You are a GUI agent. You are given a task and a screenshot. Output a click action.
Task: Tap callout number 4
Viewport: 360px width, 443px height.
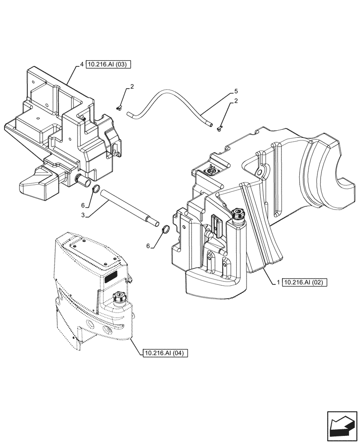(82, 65)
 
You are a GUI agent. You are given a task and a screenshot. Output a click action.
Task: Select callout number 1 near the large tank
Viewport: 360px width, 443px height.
(278, 282)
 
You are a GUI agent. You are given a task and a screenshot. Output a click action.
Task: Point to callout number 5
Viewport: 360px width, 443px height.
(236, 92)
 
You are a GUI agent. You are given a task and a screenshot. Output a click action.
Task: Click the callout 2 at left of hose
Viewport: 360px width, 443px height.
(132, 87)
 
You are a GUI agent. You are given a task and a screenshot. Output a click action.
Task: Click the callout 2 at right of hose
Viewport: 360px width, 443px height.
(236, 101)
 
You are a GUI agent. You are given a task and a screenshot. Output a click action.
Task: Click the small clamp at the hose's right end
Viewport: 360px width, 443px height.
(219, 129)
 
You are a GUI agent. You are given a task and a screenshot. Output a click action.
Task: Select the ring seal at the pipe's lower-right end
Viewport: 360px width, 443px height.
(164, 230)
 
